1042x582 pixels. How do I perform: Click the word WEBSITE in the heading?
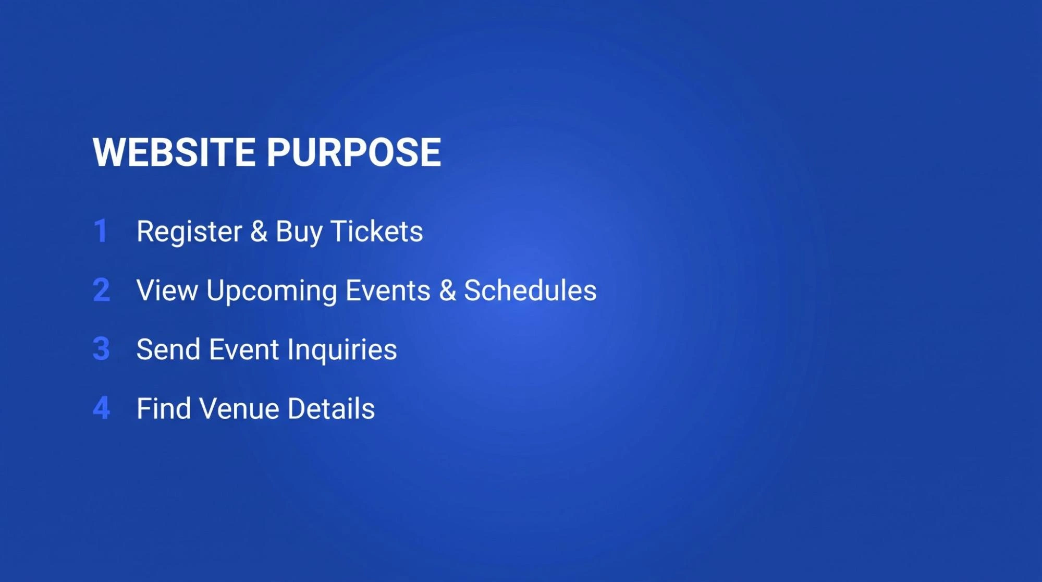[x=174, y=152]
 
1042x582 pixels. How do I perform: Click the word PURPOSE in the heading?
[x=354, y=152]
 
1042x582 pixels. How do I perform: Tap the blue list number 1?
[x=101, y=231]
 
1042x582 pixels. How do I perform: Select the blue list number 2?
[x=102, y=290]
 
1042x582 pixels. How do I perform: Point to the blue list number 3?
[x=101, y=349]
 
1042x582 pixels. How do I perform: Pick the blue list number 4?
[x=102, y=408]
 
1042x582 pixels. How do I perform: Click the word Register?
[x=189, y=233]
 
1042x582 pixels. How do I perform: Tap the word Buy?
[x=299, y=233]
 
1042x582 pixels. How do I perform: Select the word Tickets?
[x=376, y=231]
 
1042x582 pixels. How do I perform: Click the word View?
[x=167, y=290]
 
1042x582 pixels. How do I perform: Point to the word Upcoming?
[x=272, y=292]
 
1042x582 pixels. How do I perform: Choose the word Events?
[x=388, y=290]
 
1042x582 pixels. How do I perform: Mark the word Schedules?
[x=530, y=290]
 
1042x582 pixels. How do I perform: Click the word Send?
[x=168, y=349]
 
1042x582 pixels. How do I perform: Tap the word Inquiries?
[x=342, y=350]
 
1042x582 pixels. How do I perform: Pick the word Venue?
[x=239, y=408]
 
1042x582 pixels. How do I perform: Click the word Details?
[x=331, y=408]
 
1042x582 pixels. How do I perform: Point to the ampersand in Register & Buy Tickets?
[x=259, y=231]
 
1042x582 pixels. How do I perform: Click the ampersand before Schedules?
[x=447, y=290]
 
